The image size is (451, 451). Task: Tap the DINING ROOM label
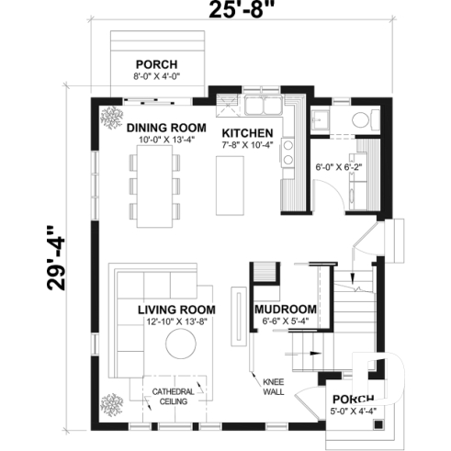164,128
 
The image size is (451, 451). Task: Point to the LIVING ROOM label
176,310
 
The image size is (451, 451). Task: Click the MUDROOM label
286,310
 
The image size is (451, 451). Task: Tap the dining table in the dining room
156,187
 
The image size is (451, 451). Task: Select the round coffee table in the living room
180,346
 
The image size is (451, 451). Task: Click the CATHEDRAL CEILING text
173,397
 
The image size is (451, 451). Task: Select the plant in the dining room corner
113,116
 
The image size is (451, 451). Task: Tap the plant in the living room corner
113,402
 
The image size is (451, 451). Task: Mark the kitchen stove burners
288,152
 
